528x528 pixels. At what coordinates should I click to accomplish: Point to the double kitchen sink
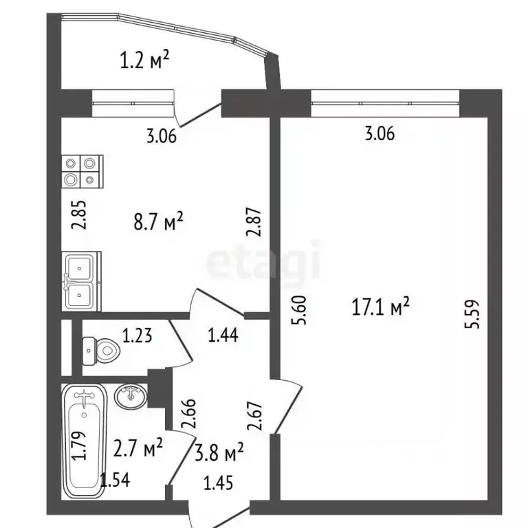(x=82, y=281)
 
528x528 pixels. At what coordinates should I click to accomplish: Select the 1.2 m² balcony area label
(x=144, y=62)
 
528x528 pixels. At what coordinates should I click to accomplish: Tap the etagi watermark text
(x=264, y=262)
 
